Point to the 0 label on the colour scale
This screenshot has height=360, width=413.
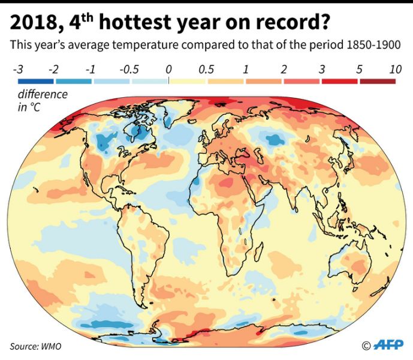coord(169,70)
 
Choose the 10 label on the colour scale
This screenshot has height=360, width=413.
coord(395,70)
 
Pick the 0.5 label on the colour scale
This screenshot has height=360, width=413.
coord(207,70)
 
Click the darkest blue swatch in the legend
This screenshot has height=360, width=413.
coord(35,81)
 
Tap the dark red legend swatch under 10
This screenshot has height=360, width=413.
coord(378,81)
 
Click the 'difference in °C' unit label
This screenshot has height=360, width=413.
coord(42,101)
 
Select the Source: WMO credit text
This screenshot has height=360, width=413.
coord(35,346)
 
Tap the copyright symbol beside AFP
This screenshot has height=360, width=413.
coord(366,345)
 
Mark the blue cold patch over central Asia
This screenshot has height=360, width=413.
coord(275,140)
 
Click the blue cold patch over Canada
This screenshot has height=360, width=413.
coord(110,143)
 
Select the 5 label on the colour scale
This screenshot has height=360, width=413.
coord(359,70)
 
